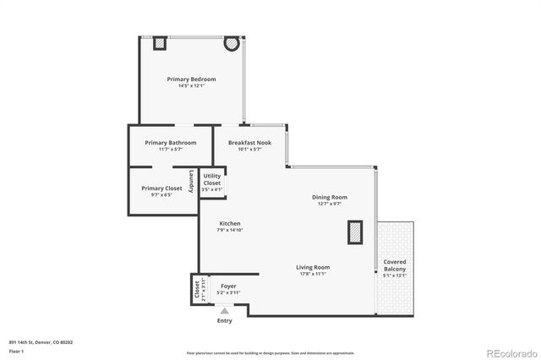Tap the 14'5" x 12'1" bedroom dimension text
pyautogui.click(x=191, y=85)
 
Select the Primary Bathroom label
pyautogui.click(x=171, y=143)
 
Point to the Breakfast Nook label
pyautogui.click(x=249, y=143)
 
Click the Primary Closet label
pyautogui.click(x=161, y=188)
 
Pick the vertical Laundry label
pyautogui.click(x=193, y=181)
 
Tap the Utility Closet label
pyautogui.click(x=212, y=179)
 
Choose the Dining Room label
pyautogui.click(x=330, y=197)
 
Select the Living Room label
pyautogui.click(x=313, y=267)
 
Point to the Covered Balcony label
pyautogui.click(x=395, y=265)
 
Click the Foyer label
pyautogui.click(x=228, y=286)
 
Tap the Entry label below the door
pyautogui.click(x=224, y=320)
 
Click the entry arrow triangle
pyautogui.click(x=224, y=310)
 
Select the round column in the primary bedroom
pyautogui.click(x=230, y=43)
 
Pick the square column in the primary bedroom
pyautogui.click(x=159, y=43)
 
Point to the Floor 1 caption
pyautogui.click(x=17, y=350)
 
